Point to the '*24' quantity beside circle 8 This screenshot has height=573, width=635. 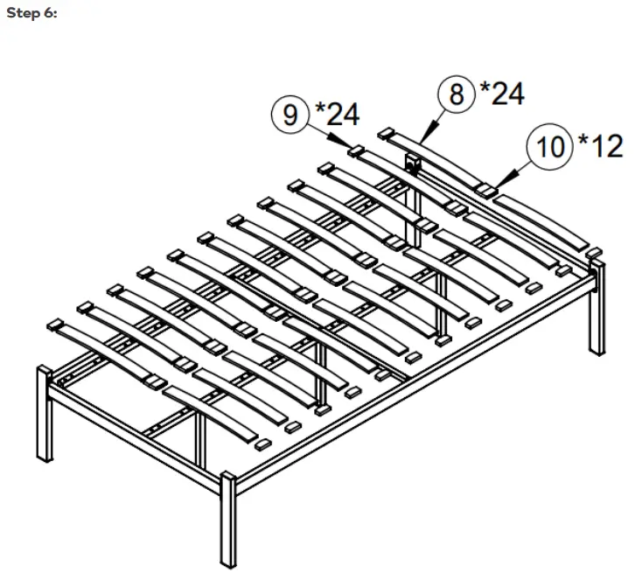[x=501, y=92]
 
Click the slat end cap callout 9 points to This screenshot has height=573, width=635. [x=357, y=151]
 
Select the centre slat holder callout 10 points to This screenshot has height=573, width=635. [x=485, y=190]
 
